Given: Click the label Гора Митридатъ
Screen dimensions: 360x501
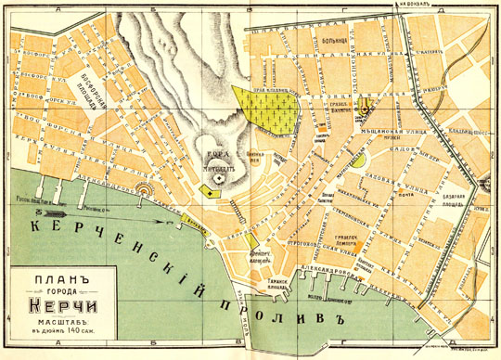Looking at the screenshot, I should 218,163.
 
